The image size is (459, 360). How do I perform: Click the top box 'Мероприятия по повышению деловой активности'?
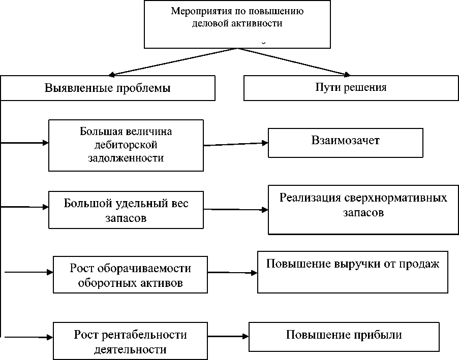234,24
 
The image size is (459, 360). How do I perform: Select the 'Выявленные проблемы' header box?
107,88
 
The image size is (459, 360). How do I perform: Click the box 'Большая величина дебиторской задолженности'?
126,145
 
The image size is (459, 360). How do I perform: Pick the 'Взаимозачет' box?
345,142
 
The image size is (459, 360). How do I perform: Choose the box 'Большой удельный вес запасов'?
126,210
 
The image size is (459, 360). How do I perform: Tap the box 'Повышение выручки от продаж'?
352,272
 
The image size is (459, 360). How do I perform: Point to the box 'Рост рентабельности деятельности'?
130,342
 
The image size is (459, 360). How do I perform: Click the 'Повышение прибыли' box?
344,336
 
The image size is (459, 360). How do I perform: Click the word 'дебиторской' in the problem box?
126,145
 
